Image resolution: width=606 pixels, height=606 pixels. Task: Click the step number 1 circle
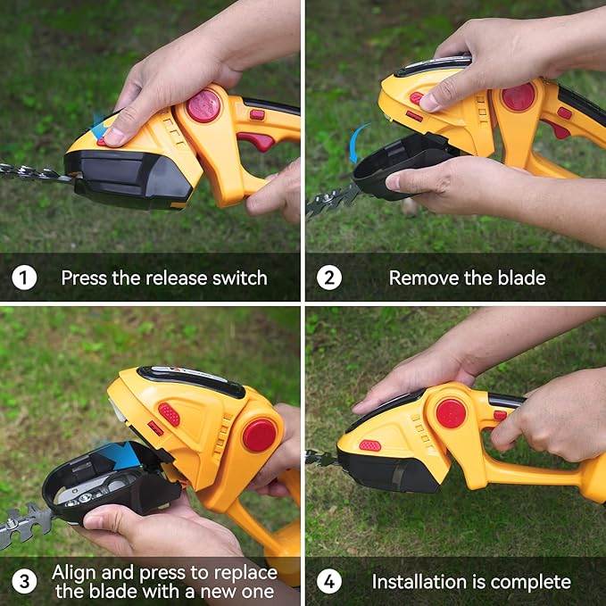click(x=24, y=278)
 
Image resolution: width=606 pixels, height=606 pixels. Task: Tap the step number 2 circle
click(x=328, y=278)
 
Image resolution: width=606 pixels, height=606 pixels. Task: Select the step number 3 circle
click(x=24, y=582)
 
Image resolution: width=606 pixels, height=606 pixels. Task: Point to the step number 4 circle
click(x=328, y=582)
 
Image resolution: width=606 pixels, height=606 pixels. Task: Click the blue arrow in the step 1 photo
click(x=99, y=125)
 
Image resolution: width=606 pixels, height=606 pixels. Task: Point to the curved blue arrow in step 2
click(x=357, y=144)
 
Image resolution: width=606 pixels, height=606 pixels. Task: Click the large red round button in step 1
click(x=203, y=105)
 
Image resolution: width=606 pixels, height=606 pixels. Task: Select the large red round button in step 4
click(x=451, y=413)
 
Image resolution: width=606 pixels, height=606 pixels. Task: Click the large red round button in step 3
click(x=260, y=435)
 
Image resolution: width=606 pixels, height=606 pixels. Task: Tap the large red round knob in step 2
click(x=518, y=96)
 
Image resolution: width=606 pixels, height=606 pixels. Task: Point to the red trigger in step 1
click(x=256, y=141)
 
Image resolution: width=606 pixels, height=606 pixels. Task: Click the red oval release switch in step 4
click(x=369, y=445)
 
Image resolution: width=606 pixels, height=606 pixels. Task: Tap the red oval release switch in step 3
click(x=169, y=414)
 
